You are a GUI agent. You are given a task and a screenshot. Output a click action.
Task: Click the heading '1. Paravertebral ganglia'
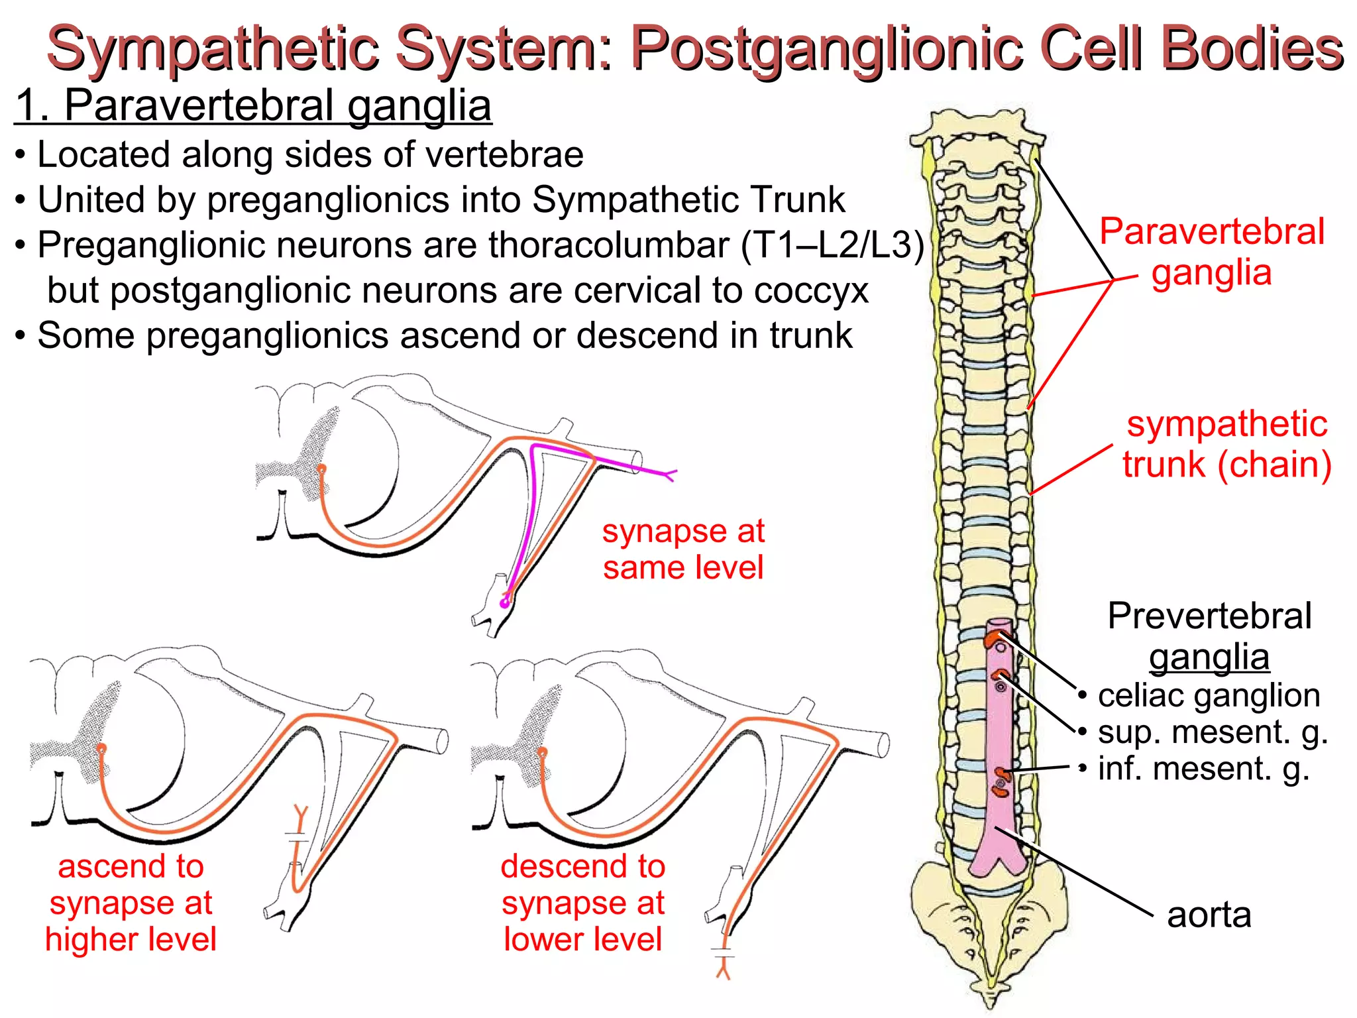252,105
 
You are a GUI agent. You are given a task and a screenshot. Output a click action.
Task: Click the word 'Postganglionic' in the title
828,48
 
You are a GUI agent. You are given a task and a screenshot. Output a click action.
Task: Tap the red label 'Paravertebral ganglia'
1211,252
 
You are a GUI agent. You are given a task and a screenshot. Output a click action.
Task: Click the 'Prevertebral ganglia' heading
1209,636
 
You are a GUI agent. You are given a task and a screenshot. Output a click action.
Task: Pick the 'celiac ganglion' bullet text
1209,695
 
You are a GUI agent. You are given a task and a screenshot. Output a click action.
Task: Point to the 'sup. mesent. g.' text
1213,732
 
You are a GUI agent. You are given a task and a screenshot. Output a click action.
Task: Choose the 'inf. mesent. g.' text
1203,768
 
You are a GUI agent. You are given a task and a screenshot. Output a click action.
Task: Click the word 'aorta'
1209,915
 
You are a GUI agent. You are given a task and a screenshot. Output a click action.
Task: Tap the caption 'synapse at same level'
683,549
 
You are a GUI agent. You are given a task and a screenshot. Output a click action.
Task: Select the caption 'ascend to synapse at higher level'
131,903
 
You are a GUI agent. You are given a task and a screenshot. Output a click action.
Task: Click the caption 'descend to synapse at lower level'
582,903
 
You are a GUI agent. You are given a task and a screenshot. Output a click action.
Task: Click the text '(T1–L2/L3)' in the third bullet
832,245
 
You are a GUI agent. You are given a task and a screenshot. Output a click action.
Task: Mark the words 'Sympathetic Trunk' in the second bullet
688,199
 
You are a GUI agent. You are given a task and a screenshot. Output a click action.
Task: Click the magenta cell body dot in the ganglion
505,602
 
